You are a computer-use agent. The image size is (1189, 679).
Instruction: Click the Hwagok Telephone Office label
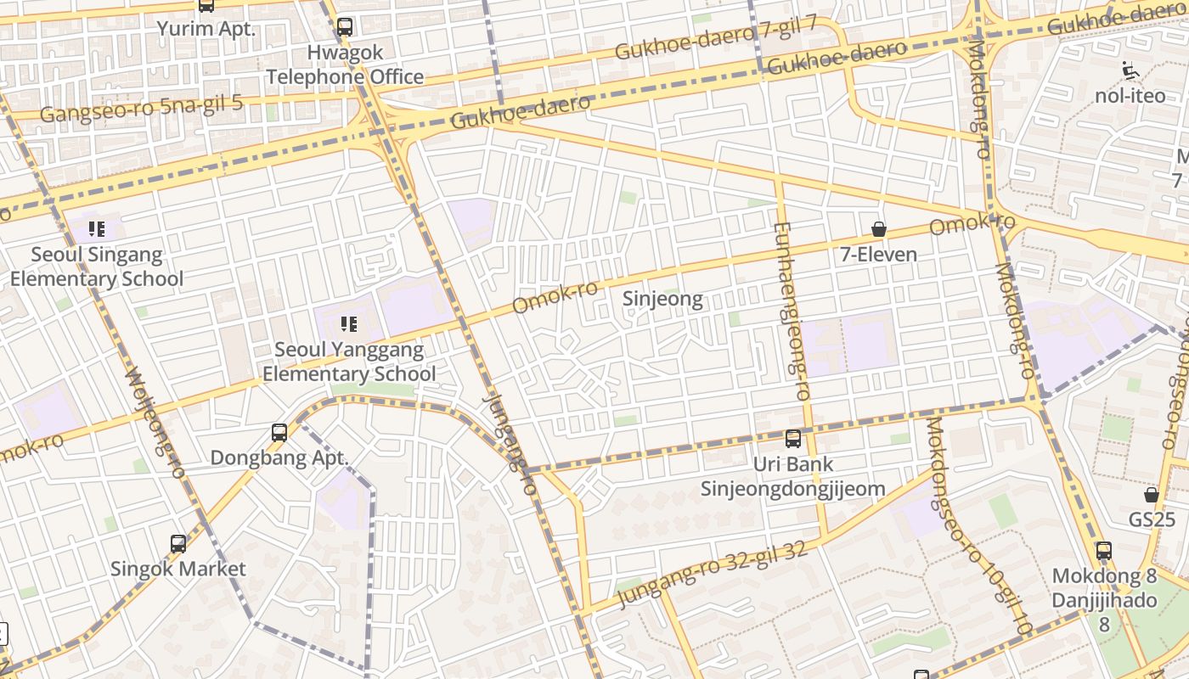pyautogui.click(x=345, y=65)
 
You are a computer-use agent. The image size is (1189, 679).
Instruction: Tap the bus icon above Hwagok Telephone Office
pyautogui.click(x=344, y=26)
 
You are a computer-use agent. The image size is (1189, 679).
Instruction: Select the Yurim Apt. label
pyautogui.click(x=206, y=29)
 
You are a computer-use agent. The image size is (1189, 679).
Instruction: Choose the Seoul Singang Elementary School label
pyautogui.click(x=96, y=267)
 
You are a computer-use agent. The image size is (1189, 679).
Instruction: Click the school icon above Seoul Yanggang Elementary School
pyautogui.click(x=348, y=323)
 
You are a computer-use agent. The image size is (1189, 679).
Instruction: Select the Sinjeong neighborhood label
pyautogui.click(x=662, y=299)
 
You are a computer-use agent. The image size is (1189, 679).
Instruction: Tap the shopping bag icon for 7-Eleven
pyautogui.click(x=879, y=229)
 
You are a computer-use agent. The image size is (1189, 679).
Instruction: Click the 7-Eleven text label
pyautogui.click(x=879, y=254)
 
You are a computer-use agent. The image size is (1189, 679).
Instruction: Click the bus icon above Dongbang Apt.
pyautogui.click(x=279, y=432)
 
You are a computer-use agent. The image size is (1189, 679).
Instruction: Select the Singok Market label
pyautogui.click(x=178, y=569)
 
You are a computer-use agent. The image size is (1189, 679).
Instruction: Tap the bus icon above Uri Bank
pyautogui.click(x=793, y=439)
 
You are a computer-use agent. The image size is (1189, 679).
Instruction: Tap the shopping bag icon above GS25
pyautogui.click(x=1152, y=494)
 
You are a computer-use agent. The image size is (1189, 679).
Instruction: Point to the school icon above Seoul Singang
pyautogui.click(x=97, y=229)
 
